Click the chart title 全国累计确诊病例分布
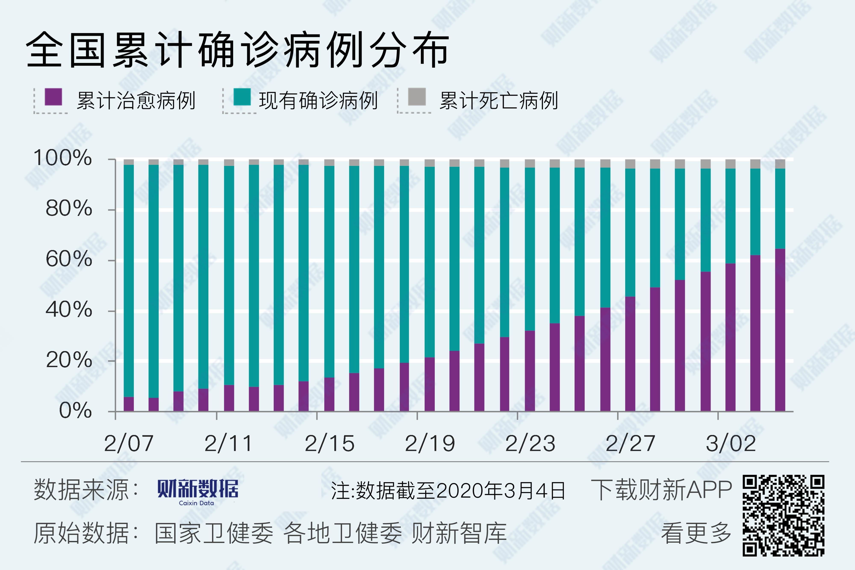point(238,50)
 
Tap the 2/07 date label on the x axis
point(129,443)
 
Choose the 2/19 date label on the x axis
point(430,443)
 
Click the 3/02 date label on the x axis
point(731,443)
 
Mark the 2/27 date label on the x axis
point(630,443)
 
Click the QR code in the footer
point(783,515)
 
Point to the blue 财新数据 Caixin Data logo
point(198,492)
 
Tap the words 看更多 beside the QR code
point(696,533)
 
